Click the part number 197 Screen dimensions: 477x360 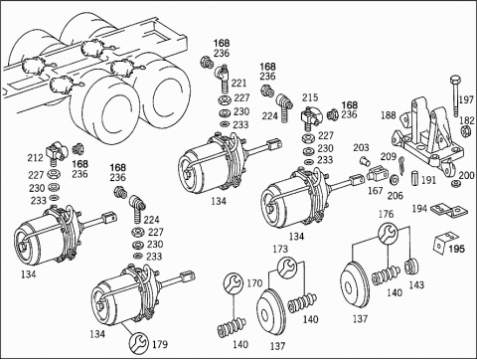(467, 99)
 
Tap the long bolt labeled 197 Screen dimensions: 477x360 (455, 95)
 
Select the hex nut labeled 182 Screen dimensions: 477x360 (465, 131)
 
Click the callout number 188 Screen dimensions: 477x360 (389, 115)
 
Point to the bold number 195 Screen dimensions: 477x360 (457, 249)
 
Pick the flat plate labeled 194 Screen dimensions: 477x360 (449, 210)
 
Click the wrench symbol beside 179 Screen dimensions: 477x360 (139, 342)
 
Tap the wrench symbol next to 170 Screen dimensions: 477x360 (234, 282)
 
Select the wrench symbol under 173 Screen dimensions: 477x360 (286, 269)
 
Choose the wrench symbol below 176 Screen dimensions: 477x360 (388, 233)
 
